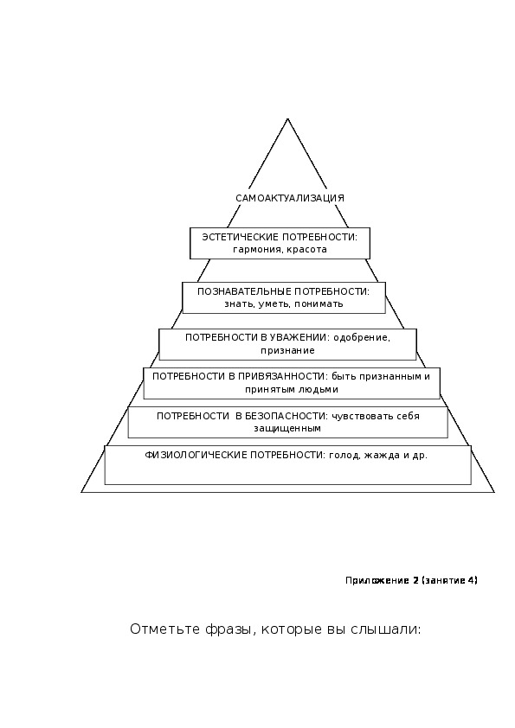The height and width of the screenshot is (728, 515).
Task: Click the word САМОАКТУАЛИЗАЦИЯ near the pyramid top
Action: pos(290,198)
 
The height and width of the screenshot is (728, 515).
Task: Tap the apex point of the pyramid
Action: pos(287,118)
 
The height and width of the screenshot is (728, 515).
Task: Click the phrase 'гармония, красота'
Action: pos(280,250)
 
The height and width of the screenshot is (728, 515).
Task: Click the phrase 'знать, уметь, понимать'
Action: pos(284,304)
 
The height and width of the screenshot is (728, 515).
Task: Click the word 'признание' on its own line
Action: pos(287,350)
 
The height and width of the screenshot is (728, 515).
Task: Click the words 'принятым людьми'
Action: pos(292,390)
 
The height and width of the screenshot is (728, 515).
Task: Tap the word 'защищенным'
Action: pos(287,429)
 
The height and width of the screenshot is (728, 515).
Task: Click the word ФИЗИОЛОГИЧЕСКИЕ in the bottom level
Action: pos(196,455)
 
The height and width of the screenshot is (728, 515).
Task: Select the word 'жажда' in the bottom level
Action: pos(381,456)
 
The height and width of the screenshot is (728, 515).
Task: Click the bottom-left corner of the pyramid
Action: pos(82,492)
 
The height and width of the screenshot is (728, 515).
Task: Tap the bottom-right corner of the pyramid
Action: pos(494,492)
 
